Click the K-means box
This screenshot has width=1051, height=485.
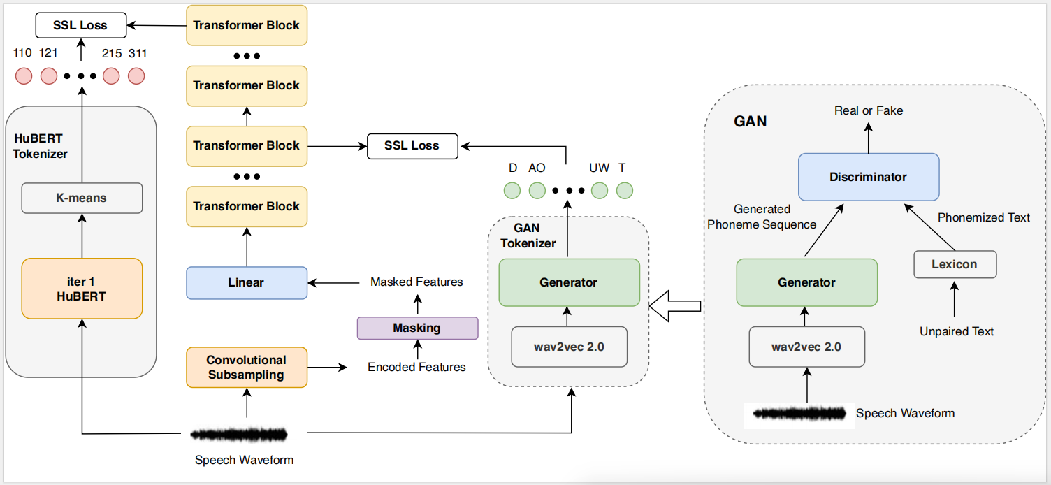click(x=82, y=198)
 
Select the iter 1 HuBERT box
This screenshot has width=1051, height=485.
click(x=82, y=289)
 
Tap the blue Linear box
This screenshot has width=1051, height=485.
click(x=246, y=283)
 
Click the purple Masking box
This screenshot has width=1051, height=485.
click(x=417, y=328)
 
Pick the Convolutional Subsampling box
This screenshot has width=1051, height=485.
click(x=246, y=368)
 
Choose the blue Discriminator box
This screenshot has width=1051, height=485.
click(x=868, y=177)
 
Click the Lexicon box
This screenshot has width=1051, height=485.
click(x=955, y=265)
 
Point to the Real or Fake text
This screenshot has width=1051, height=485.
click(x=869, y=110)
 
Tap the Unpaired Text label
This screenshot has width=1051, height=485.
click(x=956, y=331)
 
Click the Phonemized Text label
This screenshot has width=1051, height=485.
click(x=983, y=217)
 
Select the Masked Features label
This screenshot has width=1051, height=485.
click(x=416, y=282)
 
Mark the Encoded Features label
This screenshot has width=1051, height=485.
click(x=416, y=367)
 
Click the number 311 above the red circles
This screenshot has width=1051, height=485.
click(x=138, y=53)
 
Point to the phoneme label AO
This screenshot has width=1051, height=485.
click(x=537, y=168)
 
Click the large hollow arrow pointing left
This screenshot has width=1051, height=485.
click(x=674, y=305)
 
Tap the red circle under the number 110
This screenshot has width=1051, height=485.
click(x=24, y=75)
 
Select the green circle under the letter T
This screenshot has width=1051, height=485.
click(x=624, y=190)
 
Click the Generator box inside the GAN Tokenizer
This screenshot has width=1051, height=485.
click(x=569, y=282)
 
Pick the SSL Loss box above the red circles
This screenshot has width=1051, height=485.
click(x=80, y=26)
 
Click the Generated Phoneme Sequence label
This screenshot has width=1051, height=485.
click(x=762, y=217)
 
